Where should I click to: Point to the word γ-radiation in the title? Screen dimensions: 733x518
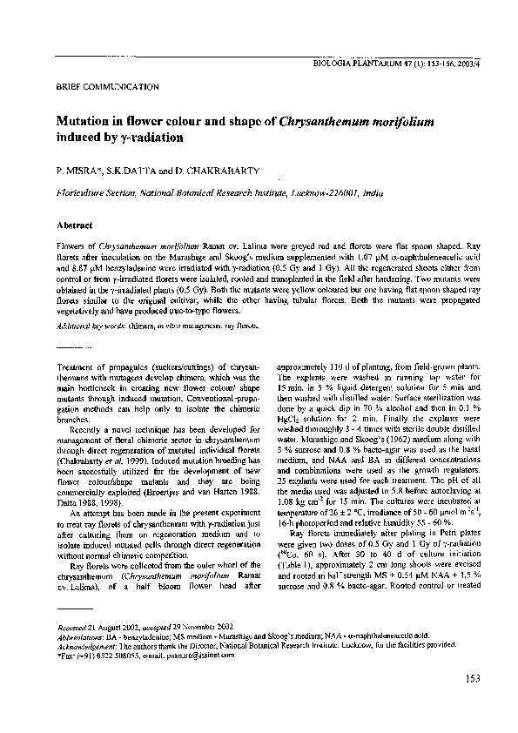[144, 138]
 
